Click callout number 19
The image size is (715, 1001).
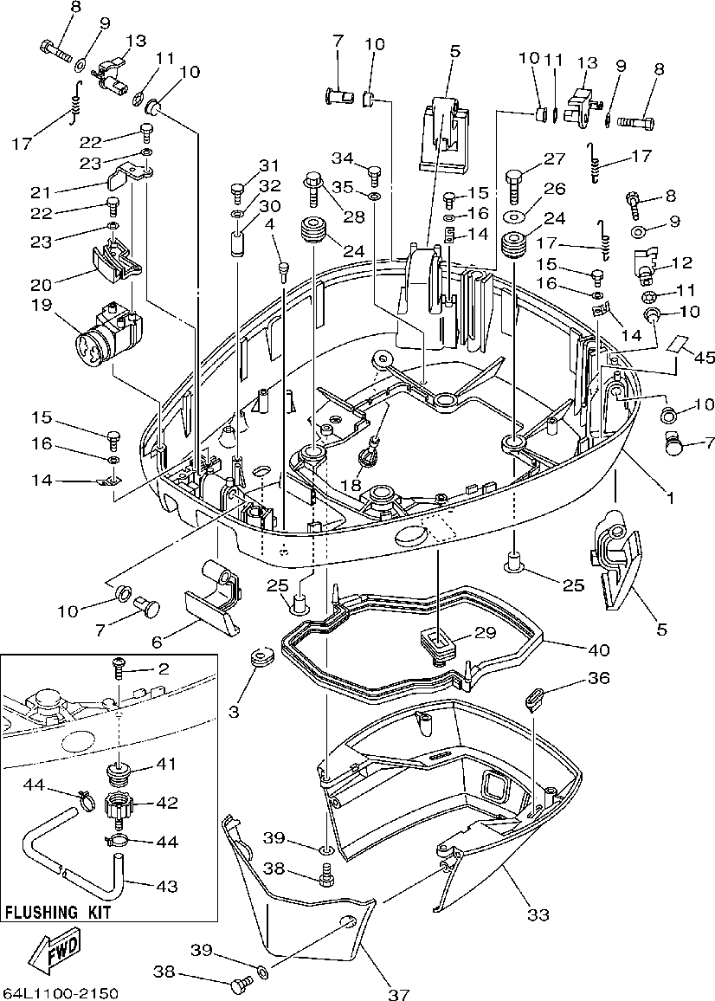pyautogui.click(x=42, y=305)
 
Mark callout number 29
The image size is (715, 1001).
pyautogui.click(x=485, y=633)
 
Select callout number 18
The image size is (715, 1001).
pyautogui.click(x=351, y=486)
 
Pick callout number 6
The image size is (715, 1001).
pyautogui.click(x=157, y=641)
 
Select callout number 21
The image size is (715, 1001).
pyautogui.click(x=42, y=191)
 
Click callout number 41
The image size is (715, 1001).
pyautogui.click(x=165, y=764)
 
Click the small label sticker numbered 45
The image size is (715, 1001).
pyautogui.click(x=679, y=345)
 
